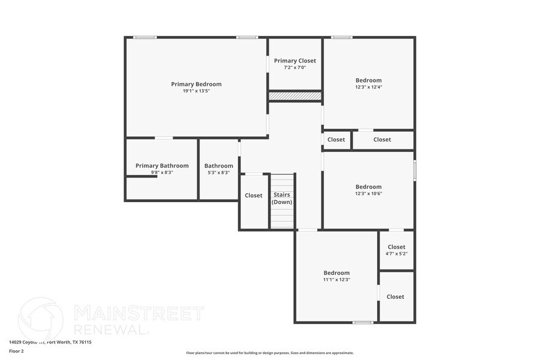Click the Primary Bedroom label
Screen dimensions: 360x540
coord(196,84)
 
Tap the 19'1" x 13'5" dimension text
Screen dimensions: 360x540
coord(196,91)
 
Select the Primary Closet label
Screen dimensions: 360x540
coord(295,61)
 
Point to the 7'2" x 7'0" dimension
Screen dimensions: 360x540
coord(295,67)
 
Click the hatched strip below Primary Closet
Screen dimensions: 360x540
coord(295,96)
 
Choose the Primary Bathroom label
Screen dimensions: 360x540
coord(162,165)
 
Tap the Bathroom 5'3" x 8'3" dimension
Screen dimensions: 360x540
coord(219,173)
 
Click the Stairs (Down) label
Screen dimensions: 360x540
coord(282,198)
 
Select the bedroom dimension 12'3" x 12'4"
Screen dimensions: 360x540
coord(369,87)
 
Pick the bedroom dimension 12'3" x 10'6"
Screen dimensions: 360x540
coord(369,193)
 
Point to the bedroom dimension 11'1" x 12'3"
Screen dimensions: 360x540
coord(337,279)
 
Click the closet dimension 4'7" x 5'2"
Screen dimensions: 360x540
coord(396,253)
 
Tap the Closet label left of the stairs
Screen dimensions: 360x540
coord(253,196)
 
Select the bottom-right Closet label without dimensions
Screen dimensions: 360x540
coord(396,297)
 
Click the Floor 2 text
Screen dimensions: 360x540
coord(17,351)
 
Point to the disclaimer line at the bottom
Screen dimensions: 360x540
coord(269,353)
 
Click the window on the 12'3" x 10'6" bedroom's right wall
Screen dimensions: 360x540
coord(414,170)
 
